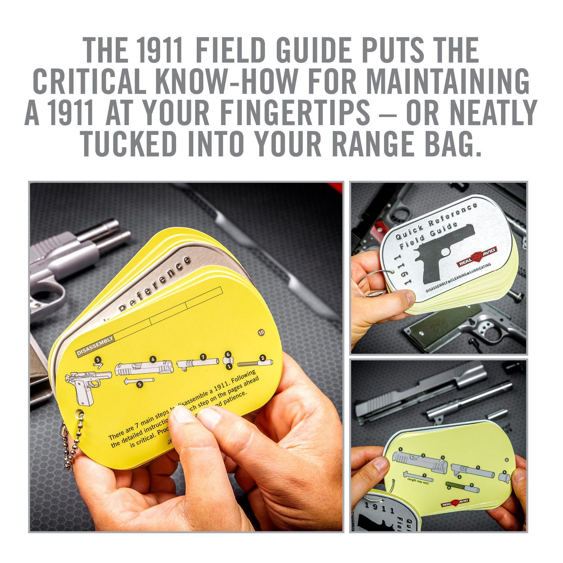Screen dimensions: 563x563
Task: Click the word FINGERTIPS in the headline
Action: click(295, 113)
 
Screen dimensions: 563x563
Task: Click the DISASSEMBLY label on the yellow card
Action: click(95, 346)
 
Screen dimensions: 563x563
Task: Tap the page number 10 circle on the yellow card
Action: click(261, 332)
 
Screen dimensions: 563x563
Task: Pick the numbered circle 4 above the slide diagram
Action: click(153, 360)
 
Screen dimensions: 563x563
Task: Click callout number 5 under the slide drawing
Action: click(139, 384)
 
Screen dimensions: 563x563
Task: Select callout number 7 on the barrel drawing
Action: click(202, 357)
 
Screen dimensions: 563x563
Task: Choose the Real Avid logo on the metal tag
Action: click(477, 257)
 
